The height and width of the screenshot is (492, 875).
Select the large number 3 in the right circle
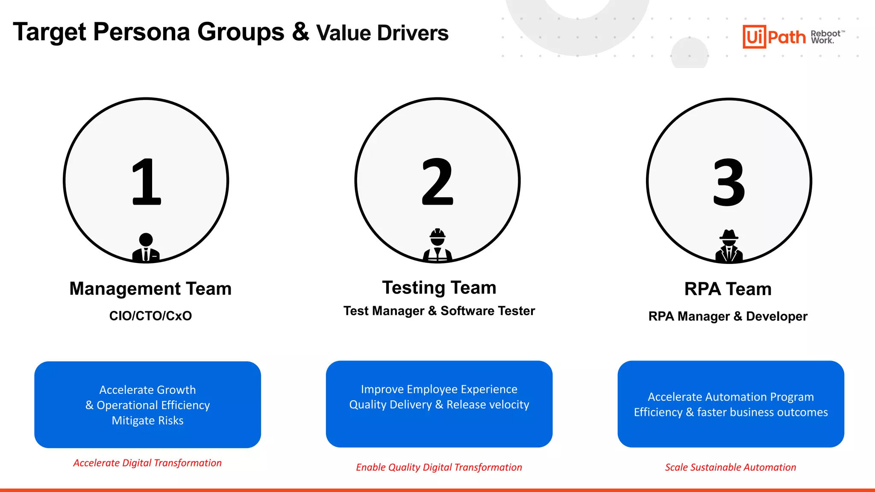coord(729,182)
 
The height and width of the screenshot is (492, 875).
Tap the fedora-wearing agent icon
coord(729,247)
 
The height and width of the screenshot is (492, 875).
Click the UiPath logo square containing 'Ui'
coord(754,37)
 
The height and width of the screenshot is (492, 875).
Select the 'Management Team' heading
coord(150,289)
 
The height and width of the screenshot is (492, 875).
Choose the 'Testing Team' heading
coord(439,287)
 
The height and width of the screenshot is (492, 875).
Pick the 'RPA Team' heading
coord(728,289)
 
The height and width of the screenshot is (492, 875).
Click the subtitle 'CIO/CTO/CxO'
coord(150,316)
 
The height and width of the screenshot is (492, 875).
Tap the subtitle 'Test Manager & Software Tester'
coord(439,311)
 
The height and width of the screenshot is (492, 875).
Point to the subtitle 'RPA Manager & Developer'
coord(728,316)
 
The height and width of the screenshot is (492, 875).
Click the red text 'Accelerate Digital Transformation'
coord(147,463)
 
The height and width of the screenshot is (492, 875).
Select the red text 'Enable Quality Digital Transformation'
coord(439,467)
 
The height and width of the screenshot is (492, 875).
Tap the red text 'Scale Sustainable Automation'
coord(731,467)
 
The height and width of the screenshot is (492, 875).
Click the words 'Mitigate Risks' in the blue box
coord(147,421)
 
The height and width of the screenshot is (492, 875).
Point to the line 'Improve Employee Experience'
coord(439,389)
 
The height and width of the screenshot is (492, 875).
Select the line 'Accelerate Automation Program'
coord(731,397)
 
